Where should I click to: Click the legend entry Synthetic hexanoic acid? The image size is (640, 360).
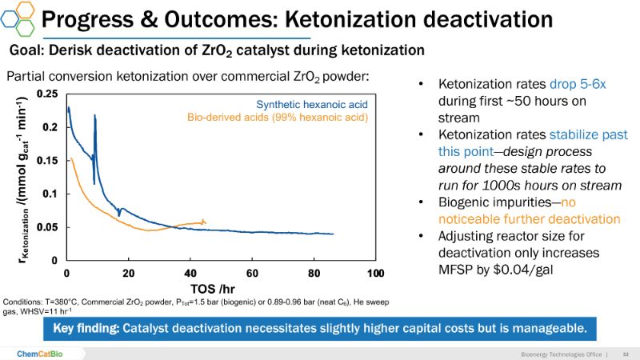312,104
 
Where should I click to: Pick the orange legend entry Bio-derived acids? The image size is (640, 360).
278,118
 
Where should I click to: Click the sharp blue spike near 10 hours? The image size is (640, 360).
95,116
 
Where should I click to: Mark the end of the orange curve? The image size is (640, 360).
205,222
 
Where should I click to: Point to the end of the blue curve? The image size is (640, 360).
333,234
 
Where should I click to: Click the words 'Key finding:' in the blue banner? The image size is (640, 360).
86,330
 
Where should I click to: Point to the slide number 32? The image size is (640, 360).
626,353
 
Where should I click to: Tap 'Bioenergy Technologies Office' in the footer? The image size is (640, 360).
558,353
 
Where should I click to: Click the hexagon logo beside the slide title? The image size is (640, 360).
18,18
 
